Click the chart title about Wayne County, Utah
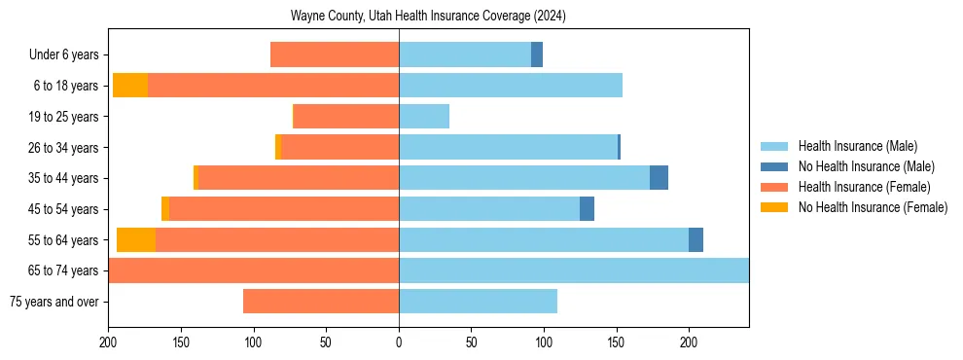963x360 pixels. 428,17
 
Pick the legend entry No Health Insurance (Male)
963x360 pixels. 859,166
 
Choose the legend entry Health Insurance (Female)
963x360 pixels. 858,187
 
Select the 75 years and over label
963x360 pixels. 53,302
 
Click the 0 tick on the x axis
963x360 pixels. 399,342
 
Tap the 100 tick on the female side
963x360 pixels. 253,342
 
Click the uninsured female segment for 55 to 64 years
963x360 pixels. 136,239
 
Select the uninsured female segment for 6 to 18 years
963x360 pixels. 130,86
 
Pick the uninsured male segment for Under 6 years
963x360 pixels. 537,55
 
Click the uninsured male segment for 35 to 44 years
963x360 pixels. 659,178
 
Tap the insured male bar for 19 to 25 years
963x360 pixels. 424,117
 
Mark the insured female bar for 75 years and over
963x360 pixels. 321,302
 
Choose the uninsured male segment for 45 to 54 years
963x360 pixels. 587,209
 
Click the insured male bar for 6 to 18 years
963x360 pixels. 511,86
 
